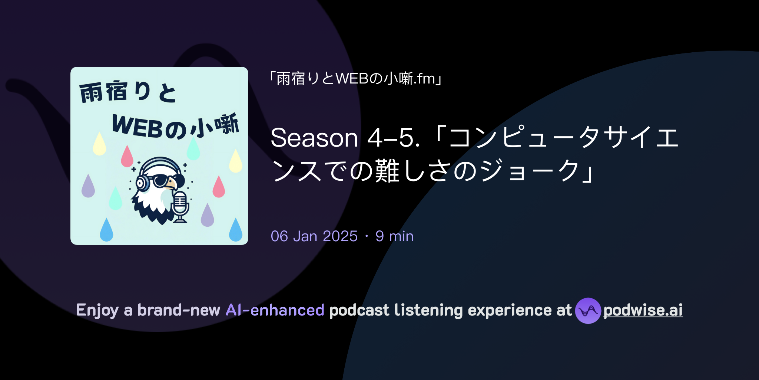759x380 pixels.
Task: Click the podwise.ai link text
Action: (643, 310)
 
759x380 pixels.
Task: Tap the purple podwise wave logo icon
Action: (588, 311)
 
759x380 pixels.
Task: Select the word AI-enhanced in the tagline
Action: (275, 310)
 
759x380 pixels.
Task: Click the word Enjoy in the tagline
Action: (97, 310)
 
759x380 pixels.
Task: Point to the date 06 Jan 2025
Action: (314, 236)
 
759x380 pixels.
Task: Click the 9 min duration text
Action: (394, 236)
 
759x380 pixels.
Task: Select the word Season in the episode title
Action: (314, 138)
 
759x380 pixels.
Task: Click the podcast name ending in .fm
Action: (356, 79)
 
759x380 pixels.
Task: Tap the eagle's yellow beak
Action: (172, 184)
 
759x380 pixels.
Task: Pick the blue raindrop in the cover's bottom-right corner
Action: (235, 230)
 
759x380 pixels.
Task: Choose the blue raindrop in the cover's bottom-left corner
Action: (106, 230)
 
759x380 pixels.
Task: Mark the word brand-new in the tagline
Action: (179, 310)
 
